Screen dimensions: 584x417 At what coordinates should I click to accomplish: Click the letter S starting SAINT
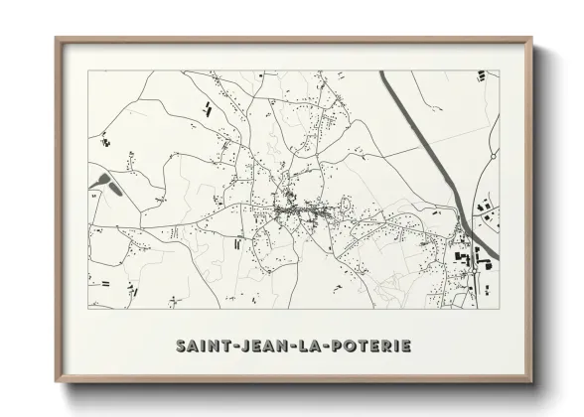[x=181, y=347]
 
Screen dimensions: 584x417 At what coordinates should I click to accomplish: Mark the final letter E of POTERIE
[x=405, y=347]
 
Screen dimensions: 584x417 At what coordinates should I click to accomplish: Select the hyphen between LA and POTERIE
[x=325, y=347]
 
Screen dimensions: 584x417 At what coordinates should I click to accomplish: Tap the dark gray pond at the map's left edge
[x=103, y=182]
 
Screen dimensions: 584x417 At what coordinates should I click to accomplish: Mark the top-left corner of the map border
[x=88, y=70]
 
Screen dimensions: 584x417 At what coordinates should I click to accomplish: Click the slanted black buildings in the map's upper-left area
[x=207, y=108]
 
